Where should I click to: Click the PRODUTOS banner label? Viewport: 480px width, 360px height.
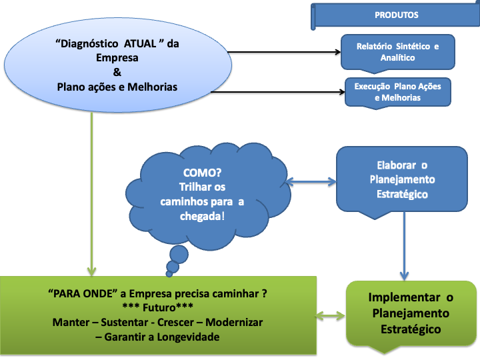pyautogui.click(x=397, y=15)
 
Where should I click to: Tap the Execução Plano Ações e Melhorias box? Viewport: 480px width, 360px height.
pyautogui.click(x=397, y=92)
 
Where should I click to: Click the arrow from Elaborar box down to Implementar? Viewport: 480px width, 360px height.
pyautogui.click(x=404, y=247)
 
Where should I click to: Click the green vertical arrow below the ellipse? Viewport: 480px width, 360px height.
pyautogui.click(x=91, y=200)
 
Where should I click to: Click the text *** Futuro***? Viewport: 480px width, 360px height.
pyautogui.click(x=157, y=308)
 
